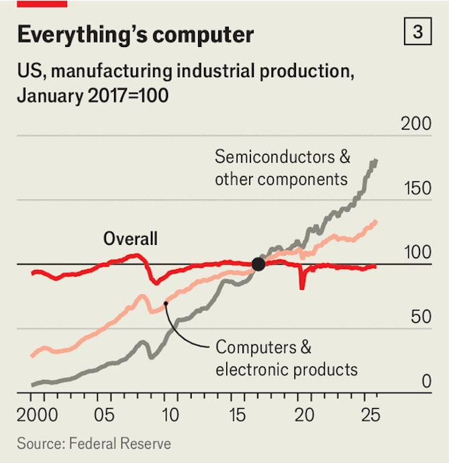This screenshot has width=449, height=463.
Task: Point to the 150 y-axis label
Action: pyautogui.click(x=415, y=189)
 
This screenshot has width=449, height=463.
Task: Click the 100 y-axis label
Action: pyautogui.click(x=416, y=253)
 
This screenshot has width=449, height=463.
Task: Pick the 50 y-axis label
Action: pyautogui.click(x=421, y=317)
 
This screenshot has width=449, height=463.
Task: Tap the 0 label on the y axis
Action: pyautogui.click(x=426, y=382)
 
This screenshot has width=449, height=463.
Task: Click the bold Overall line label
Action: pyautogui.click(x=130, y=238)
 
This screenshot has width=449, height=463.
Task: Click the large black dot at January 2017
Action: pyautogui.click(x=258, y=264)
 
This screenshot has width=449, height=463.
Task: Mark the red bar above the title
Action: pyautogui.click(x=42, y=3)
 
